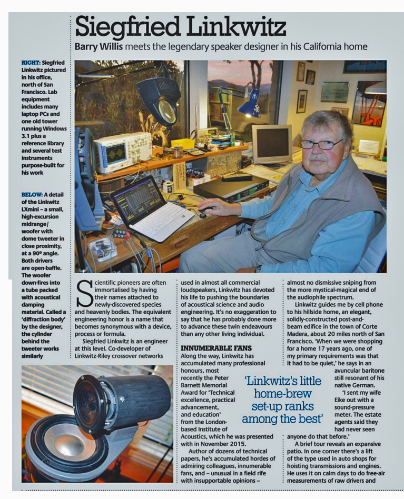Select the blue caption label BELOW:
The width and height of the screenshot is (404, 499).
33,194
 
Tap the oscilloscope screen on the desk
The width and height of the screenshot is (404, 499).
117,152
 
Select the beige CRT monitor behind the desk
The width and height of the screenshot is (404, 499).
272,144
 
